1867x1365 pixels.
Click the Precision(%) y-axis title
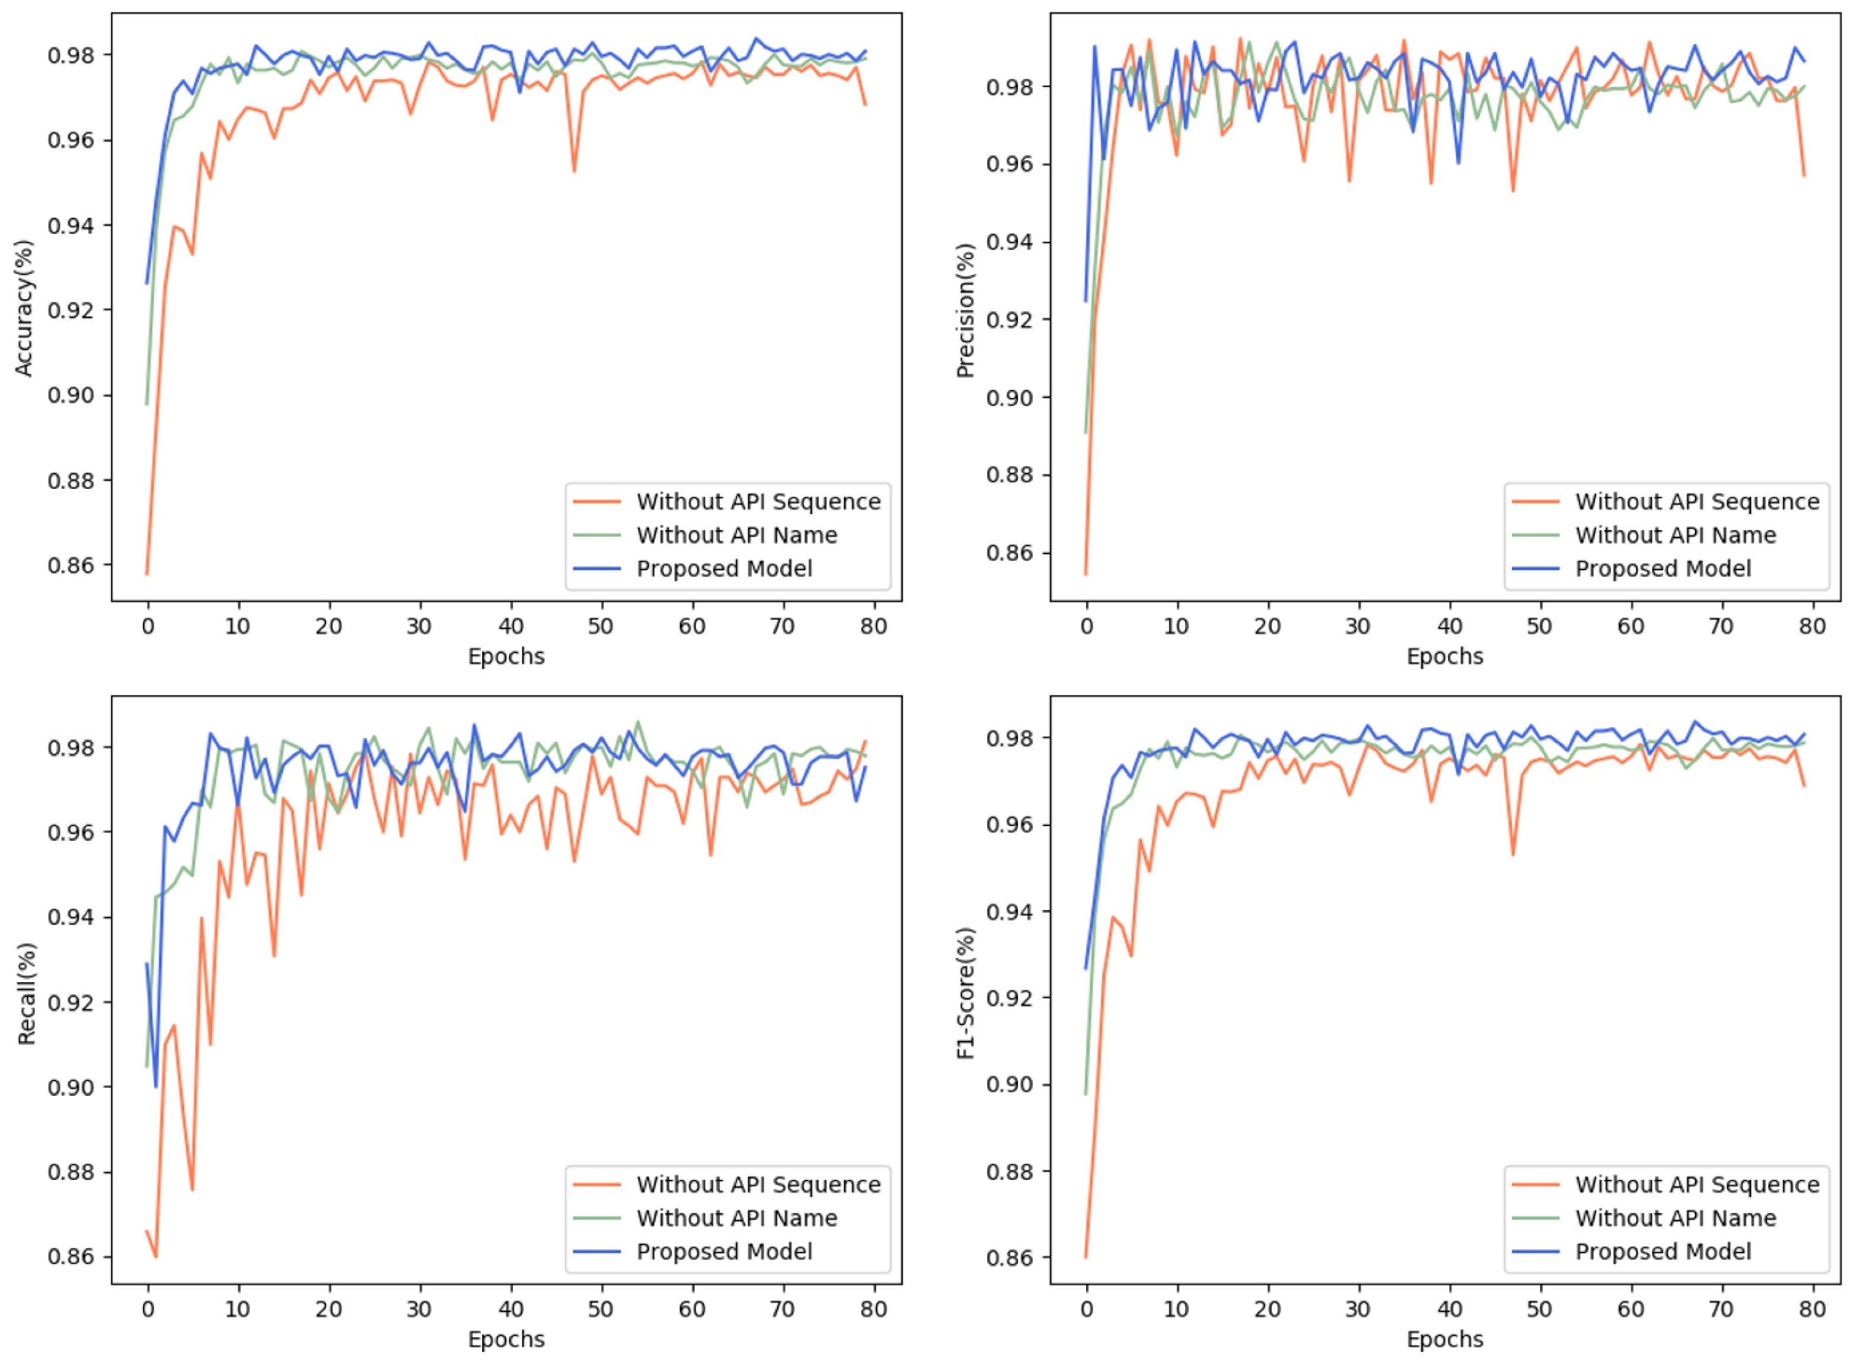click(965, 311)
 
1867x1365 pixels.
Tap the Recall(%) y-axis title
click(27, 994)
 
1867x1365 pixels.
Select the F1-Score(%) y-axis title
click(965, 994)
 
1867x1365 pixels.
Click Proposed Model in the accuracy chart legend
click(724, 569)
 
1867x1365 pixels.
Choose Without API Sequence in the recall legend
click(758, 1185)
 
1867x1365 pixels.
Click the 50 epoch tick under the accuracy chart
click(601, 626)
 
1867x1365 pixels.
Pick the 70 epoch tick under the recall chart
click(781, 1310)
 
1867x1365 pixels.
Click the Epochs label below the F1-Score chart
click(1445, 1340)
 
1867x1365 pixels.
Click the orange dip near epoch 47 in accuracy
click(574, 170)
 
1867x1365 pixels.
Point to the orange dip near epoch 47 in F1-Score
click(1512, 853)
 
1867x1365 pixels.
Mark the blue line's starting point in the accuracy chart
click(147, 283)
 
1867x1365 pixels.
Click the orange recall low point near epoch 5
click(192, 1189)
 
